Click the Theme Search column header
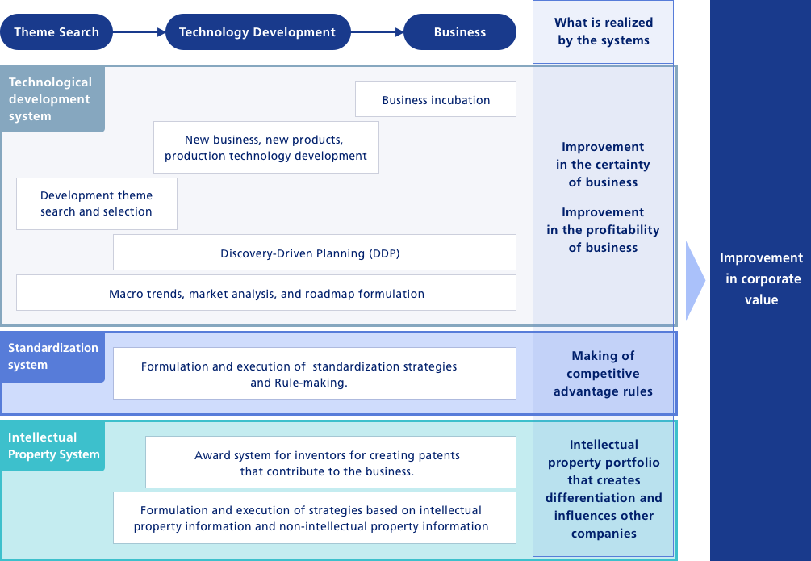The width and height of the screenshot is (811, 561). pyautogui.click(x=56, y=32)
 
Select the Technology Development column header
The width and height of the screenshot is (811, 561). pyautogui.click(x=257, y=32)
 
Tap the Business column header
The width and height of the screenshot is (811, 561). pyautogui.click(x=460, y=32)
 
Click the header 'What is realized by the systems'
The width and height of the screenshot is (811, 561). pyautogui.click(x=604, y=31)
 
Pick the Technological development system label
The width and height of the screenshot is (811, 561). pyautogui.click(x=51, y=98)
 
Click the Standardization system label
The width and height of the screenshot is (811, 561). pyautogui.click(x=53, y=356)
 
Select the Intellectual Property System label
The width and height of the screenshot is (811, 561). pyautogui.click(x=53, y=446)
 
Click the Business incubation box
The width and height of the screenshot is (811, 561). pyautogui.click(x=436, y=99)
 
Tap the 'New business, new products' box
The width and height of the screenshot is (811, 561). pyautogui.click(x=265, y=148)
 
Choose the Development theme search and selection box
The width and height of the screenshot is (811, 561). pyautogui.click(x=96, y=203)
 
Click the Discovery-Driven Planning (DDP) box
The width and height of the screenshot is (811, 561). pyautogui.click(x=314, y=253)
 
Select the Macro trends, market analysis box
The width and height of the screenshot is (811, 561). pyautogui.click(x=266, y=293)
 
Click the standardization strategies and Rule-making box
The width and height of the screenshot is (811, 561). pyautogui.click(x=314, y=374)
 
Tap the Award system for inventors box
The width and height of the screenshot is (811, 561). pyautogui.click(x=330, y=463)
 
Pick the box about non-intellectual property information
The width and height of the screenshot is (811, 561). pyautogui.click(x=314, y=518)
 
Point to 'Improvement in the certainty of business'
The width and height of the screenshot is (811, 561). pyautogui.click(x=604, y=165)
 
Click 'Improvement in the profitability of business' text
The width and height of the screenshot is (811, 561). pyautogui.click(x=604, y=230)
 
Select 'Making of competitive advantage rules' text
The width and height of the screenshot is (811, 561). pyautogui.click(x=604, y=373)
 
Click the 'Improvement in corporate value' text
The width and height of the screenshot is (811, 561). pyautogui.click(x=761, y=278)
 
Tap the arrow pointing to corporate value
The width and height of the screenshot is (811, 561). pyautogui.click(x=694, y=280)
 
